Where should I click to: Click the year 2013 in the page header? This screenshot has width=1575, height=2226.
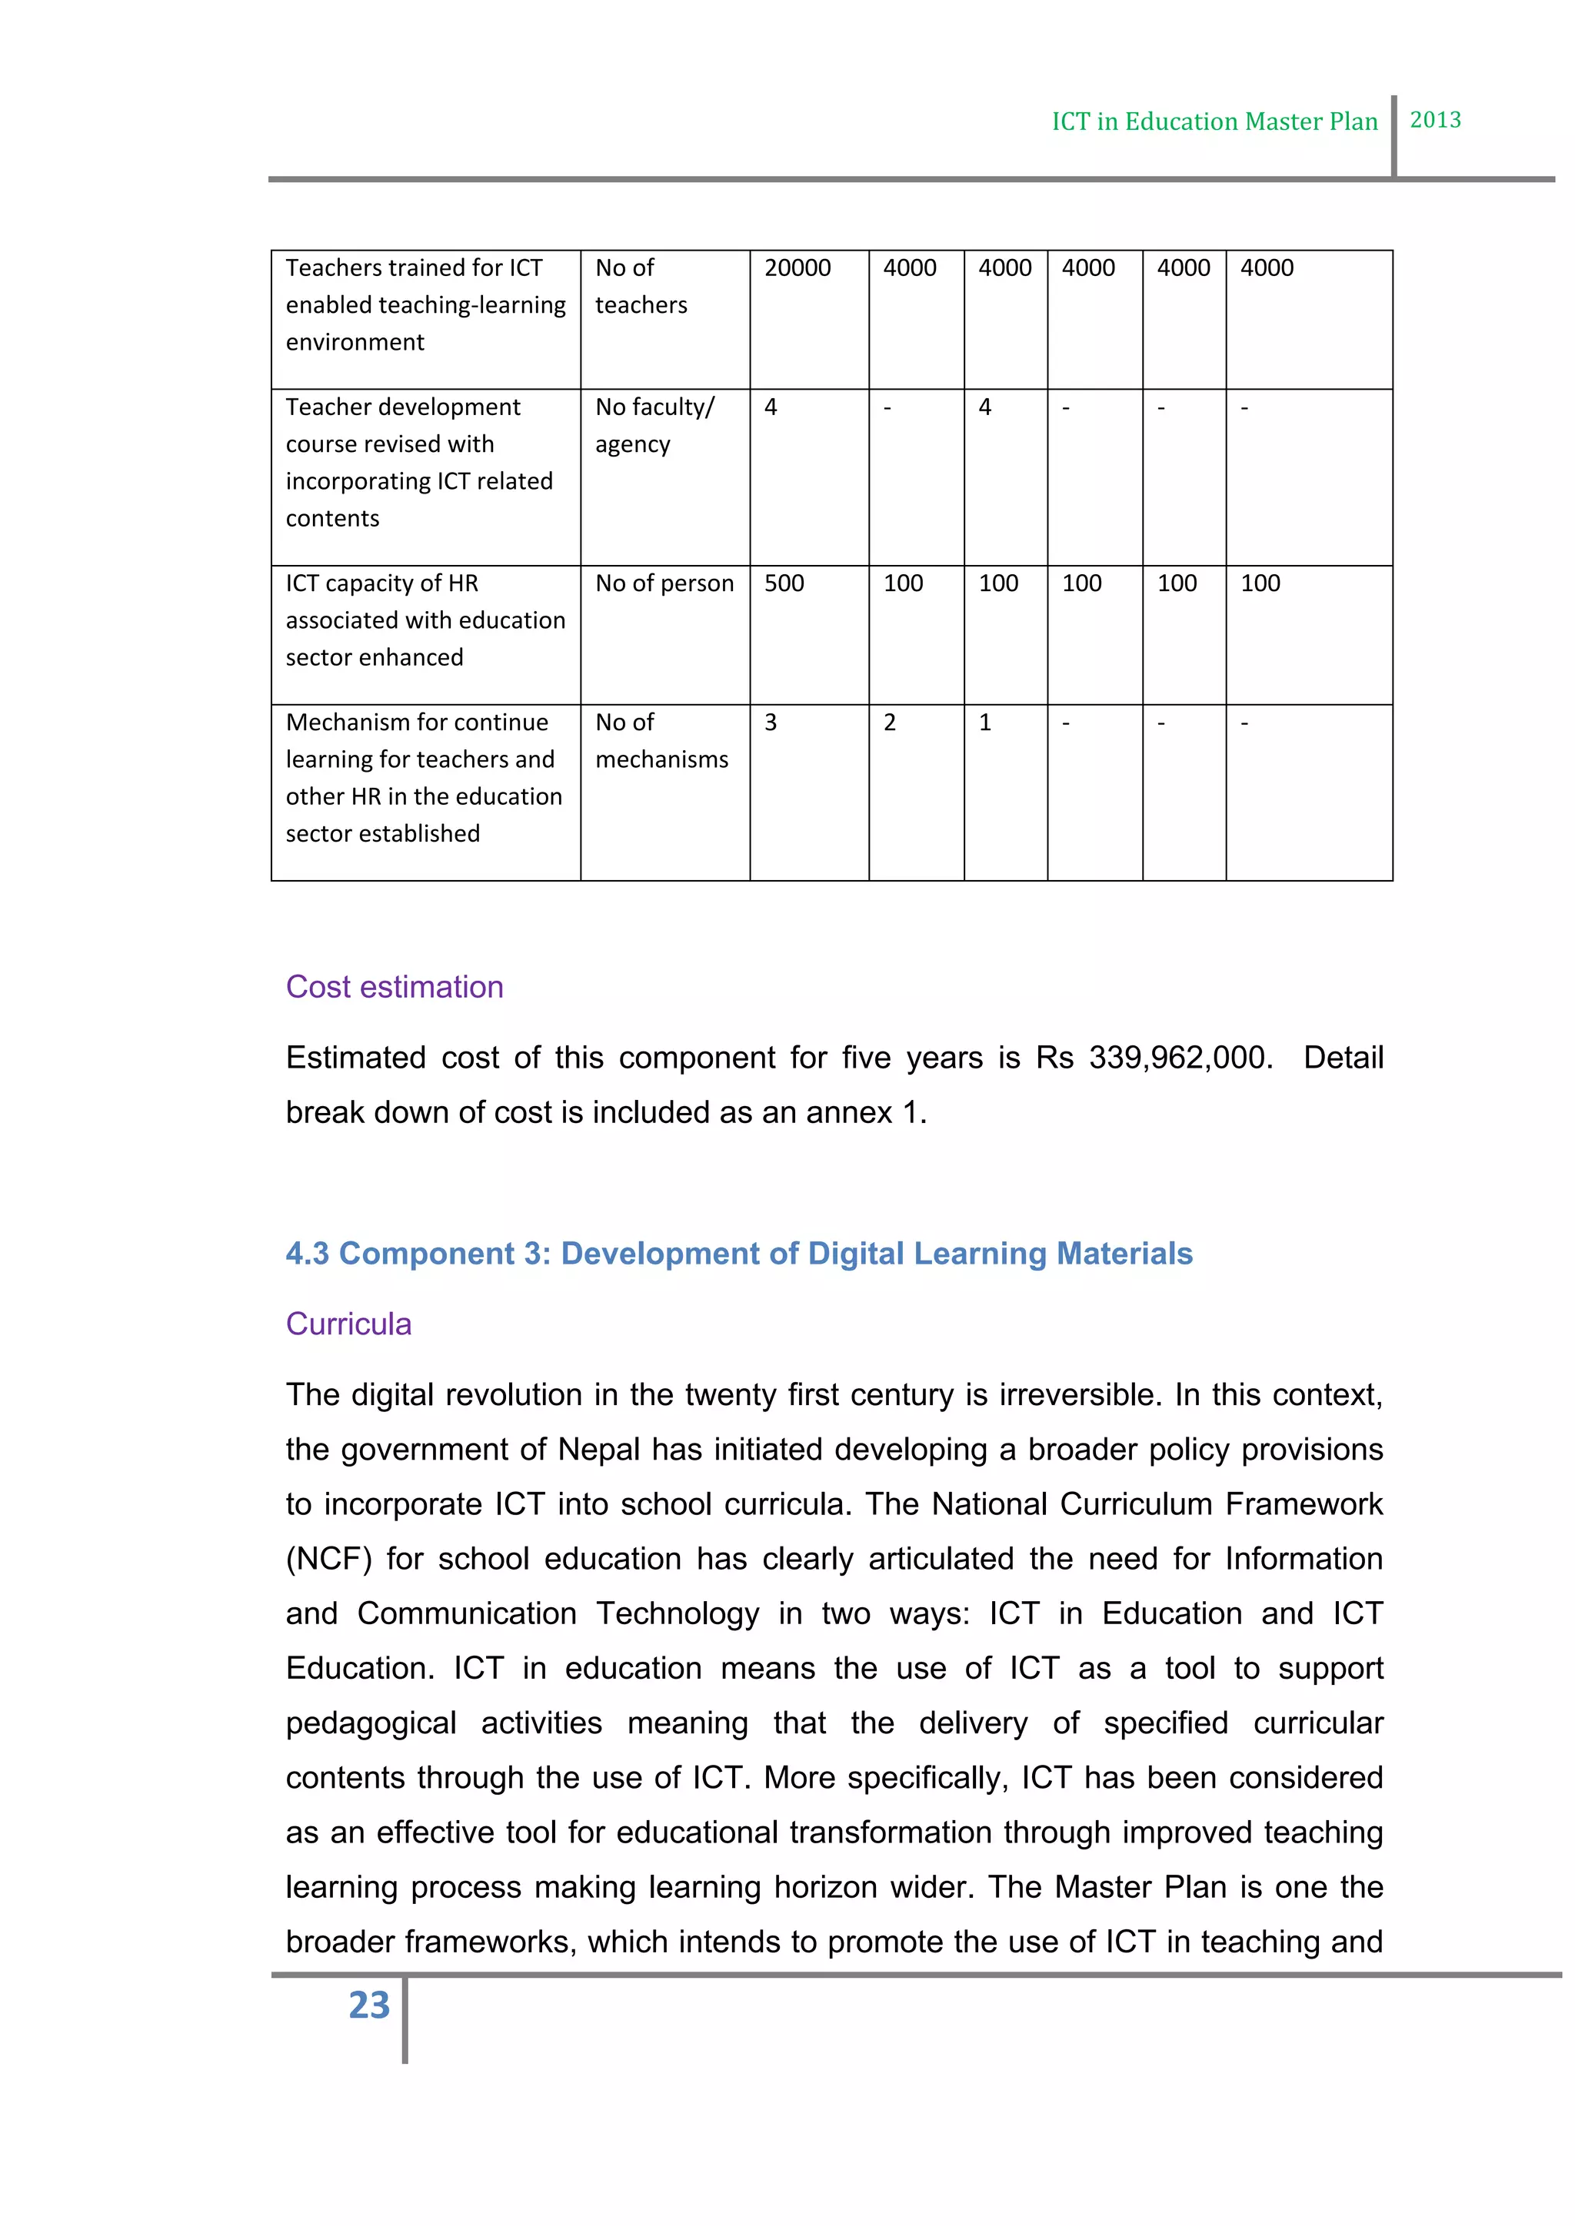[x=1434, y=120]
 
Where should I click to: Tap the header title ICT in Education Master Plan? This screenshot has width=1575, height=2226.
[x=1214, y=122]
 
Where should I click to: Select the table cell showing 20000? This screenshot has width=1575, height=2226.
[x=797, y=268]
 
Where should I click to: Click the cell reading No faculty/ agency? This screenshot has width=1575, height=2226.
[x=654, y=426]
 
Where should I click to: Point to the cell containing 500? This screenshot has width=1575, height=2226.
[x=784, y=583]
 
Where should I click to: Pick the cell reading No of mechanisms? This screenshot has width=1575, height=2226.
[x=661, y=742]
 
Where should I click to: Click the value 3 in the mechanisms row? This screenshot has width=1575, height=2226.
[x=771, y=723]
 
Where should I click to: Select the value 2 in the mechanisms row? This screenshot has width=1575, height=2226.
[x=889, y=723]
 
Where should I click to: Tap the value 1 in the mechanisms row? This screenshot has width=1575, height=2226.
[x=984, y=723]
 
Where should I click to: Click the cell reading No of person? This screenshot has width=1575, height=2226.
[x=664, y=583]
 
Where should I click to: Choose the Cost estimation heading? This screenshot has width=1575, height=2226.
[x=395, y=987]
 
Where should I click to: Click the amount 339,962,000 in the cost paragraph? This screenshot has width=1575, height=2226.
[x=1179, y=1058]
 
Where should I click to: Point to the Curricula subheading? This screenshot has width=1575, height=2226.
[x=348, y=1324]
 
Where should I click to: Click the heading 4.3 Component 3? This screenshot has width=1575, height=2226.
[x=738, y=1254]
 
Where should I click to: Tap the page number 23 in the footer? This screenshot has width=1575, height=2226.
[x=368, y=2005]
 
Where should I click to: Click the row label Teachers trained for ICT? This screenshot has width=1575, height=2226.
[x=414, y=268]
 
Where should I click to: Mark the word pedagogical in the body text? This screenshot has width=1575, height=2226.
[x=371, y=1723]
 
